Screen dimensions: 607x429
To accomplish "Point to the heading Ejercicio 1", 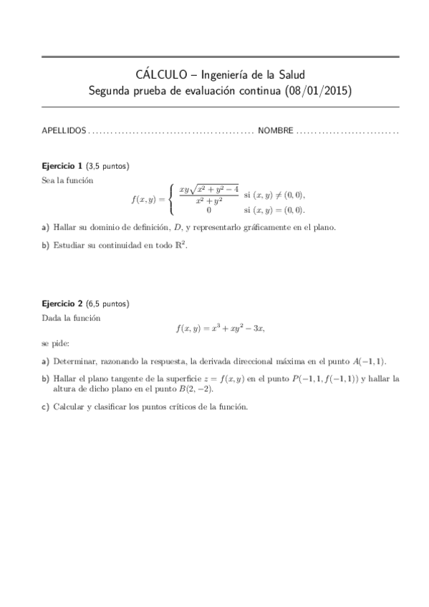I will (62, 166).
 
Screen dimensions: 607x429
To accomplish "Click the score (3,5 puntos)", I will (107, 166).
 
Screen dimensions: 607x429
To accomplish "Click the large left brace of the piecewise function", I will (170, 200).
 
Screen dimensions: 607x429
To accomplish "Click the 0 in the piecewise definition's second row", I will (208, 210).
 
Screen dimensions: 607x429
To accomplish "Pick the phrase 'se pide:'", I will (56, 344).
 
